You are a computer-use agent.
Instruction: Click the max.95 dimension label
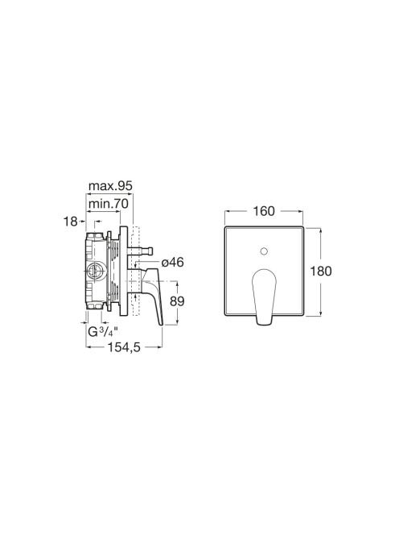pos(110,186)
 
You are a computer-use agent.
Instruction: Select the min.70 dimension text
pos(108,204)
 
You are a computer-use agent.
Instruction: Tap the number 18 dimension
pos(71,222)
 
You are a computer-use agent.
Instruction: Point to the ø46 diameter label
pos(172,263)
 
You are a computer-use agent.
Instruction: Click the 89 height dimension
pos(177,301)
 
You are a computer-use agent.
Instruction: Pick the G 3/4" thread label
pos(103,332)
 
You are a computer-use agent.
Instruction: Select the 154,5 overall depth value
pos(124,347)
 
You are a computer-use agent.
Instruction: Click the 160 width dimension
pos(263,211)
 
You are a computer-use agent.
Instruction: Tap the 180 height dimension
pos(321,272)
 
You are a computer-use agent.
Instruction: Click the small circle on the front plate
pos(263,252)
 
